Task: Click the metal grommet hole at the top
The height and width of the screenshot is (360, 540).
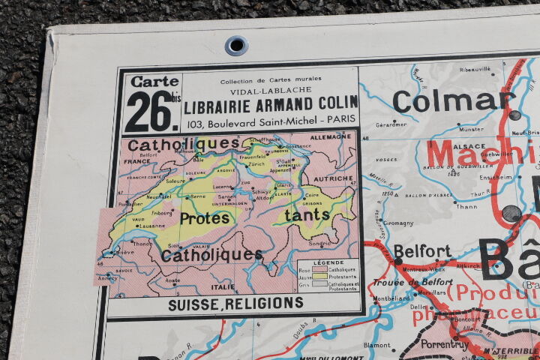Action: (x=236, y=45)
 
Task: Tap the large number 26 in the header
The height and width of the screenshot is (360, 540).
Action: (x=149, y=111)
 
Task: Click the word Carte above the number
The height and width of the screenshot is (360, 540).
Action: (x=154, y=81)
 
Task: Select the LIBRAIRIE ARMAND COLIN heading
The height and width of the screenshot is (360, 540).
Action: (x=270, y=106)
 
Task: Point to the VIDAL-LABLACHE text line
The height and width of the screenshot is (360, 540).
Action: (x=271, y=90)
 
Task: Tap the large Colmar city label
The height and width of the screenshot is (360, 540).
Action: (x=454, y=100)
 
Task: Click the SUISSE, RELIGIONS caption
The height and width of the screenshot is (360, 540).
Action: (x=235, y=303)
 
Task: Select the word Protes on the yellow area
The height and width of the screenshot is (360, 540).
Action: (x=205, y=218)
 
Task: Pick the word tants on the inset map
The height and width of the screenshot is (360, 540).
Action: (x=307, y=214)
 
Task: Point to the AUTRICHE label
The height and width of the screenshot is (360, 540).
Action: (x=333, y=178)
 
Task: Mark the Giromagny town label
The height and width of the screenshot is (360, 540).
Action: (x=398, y=223)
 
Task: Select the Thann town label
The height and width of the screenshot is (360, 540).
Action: (x=466, y=206)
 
